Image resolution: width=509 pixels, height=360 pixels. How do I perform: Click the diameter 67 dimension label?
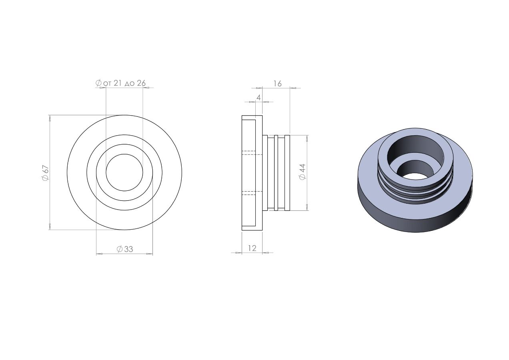[x=46, y=173]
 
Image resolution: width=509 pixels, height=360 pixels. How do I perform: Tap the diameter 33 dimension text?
[x=125, y=249]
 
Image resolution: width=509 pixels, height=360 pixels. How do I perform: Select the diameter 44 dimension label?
[x=303, y=172]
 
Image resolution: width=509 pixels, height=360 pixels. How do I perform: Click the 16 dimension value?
[x=277, y=84]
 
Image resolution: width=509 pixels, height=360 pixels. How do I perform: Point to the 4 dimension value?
[x=259, y=98]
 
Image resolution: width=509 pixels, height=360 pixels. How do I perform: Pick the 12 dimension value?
[x=252, y=248]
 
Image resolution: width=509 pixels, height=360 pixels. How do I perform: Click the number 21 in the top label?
[x=118, y=83]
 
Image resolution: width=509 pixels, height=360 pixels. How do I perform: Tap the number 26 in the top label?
[x=141, y=83]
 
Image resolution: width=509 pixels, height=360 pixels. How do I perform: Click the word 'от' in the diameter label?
[x=107, y=84]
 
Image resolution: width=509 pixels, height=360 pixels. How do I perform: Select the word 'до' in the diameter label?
[x=130, y=84]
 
